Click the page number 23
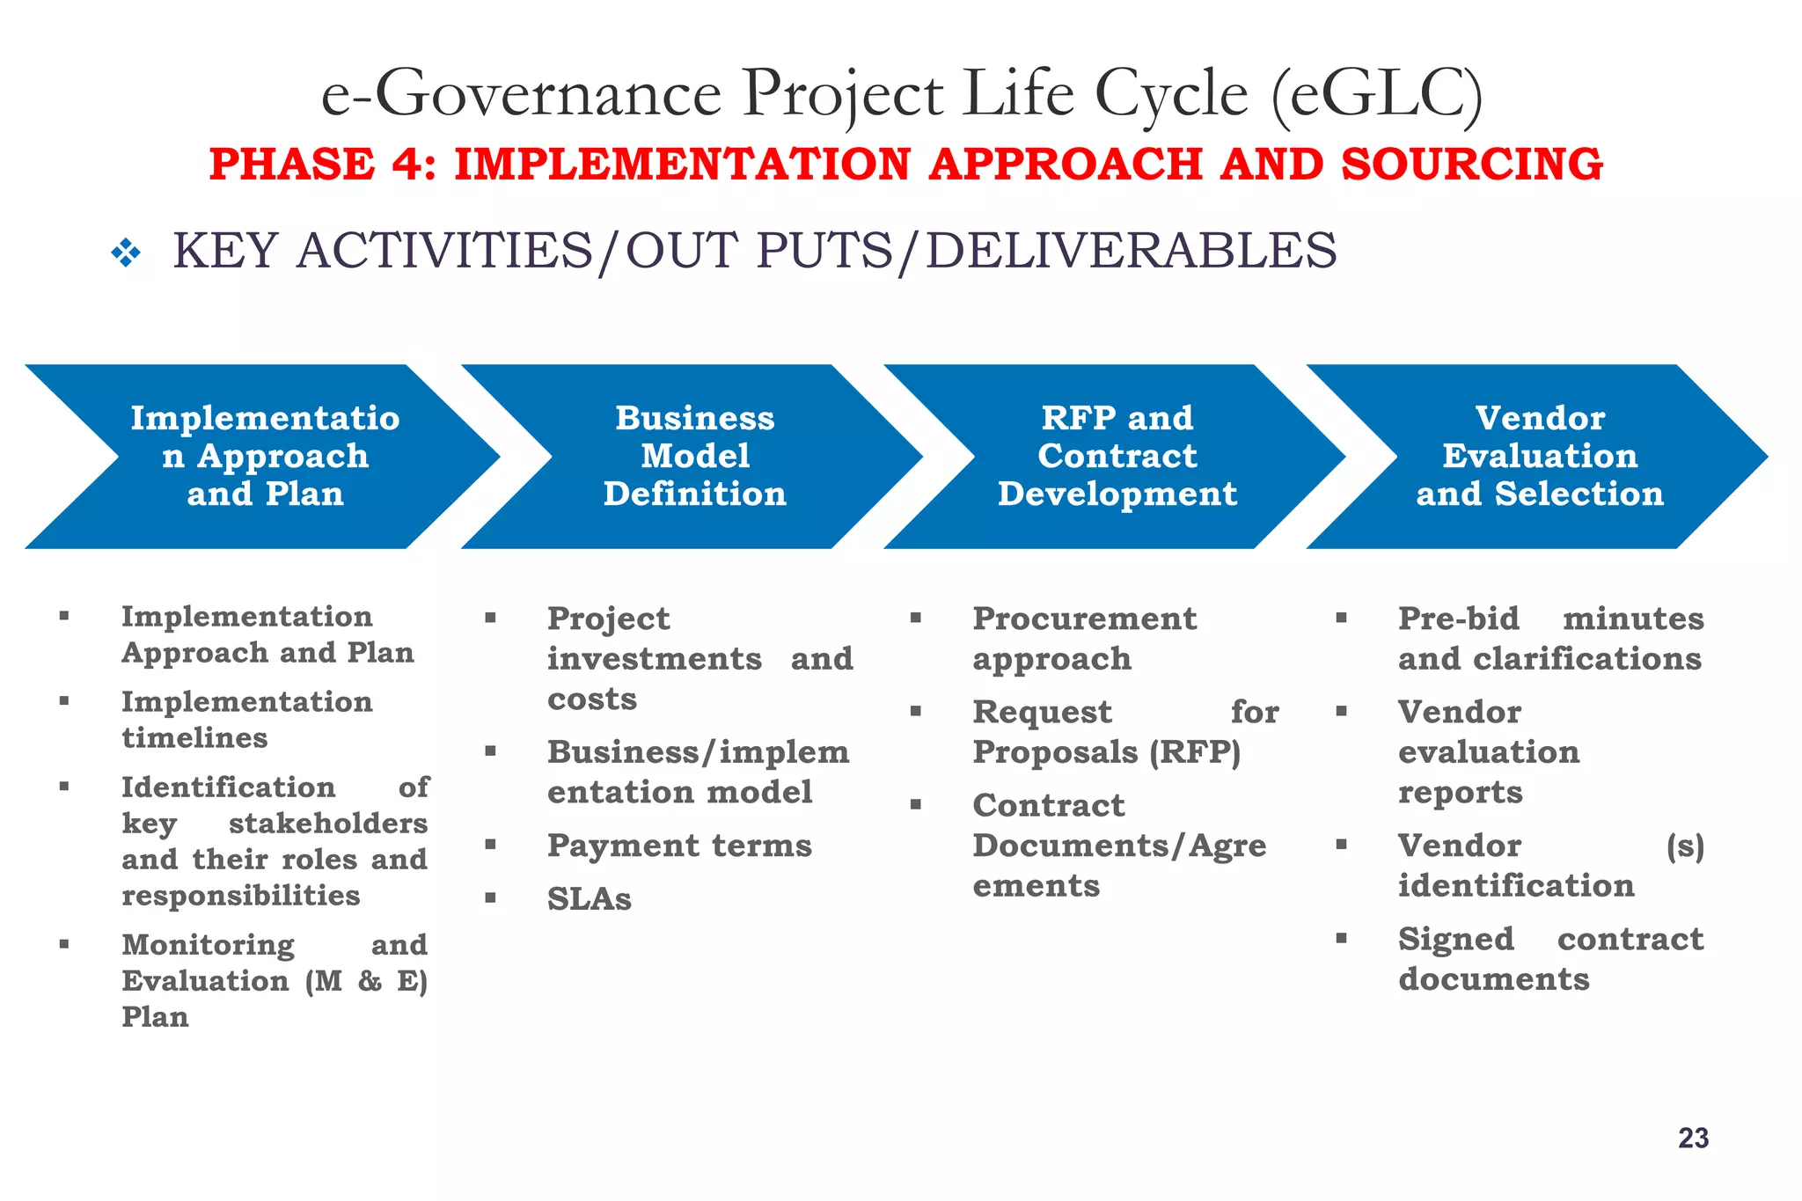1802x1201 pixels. (1693, 1138)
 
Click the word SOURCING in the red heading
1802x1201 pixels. (1471, 165)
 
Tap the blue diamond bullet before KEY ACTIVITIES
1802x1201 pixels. (126, 253)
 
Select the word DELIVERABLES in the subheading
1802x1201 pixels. (1131, 250)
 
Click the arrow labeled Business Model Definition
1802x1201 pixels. (693, 456)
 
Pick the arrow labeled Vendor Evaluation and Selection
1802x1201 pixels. (1539, 456)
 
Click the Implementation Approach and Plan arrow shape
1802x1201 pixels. (264, 456)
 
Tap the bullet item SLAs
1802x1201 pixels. (589, 899)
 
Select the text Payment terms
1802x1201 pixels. (678, 846)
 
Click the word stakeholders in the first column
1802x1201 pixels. (327, 824)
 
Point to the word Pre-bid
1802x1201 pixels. (1458, 619)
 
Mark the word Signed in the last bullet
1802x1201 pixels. (1455, 939)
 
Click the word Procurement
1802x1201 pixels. (1084, 619)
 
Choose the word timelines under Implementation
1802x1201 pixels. (194, 737)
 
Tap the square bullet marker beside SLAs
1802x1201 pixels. (490, 897)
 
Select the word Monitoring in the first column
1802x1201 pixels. (208, 945)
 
